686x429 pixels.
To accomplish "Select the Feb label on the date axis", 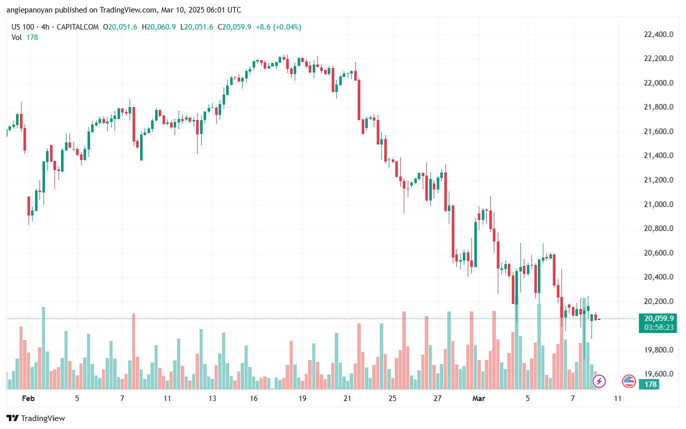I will coord(29,398).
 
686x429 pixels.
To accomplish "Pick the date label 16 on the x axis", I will coord(254,398).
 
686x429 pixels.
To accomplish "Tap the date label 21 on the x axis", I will coord(347,398).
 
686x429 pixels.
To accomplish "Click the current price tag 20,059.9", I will coord(658,318).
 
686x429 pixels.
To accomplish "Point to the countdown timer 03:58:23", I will coord(658,327).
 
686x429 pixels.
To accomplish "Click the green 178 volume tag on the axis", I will coord(650,384).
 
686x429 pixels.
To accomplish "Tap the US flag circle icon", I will coord(629,381).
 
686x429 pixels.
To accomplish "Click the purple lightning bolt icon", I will coord(599,381).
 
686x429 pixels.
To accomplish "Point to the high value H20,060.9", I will coord(159,27).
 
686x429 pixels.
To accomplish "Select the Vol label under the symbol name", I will coord(17,37).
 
